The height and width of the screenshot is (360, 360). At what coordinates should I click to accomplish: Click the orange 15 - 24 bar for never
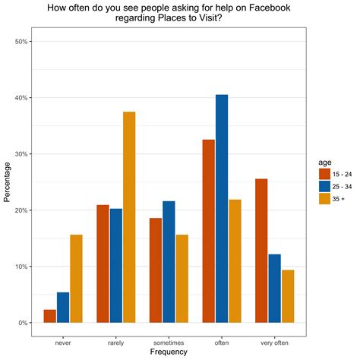(x=49, y=316)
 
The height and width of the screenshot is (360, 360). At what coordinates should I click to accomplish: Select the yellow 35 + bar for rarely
(x=128, y=217)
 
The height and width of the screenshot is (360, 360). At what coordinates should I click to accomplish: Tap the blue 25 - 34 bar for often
(x=221, y=209)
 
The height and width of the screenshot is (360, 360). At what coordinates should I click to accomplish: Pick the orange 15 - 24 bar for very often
(x=261, y=251)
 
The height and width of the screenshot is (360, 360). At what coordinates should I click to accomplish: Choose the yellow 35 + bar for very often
(x=288, y=296)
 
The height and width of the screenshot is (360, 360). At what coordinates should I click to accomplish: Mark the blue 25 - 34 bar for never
(x=63, y=308)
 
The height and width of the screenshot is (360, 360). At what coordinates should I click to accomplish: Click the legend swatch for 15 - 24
(x=324, y=174)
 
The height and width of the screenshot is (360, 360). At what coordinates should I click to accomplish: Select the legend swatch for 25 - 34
(x=324, y=187)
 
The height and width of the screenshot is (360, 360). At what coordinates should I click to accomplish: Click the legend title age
(x=324, y=161)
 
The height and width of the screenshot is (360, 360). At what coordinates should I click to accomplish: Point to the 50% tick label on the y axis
(x=21, y=42)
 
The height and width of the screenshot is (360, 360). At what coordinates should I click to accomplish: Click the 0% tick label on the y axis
(x=24, y=323)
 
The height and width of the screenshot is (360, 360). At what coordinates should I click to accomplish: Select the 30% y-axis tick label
(x=21, y=154)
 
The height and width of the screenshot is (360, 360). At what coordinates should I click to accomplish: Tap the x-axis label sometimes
(x=169, y=343)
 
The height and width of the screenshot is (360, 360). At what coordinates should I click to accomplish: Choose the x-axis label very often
(x=274, y=343)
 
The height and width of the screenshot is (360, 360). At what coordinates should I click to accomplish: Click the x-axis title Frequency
(x=169, y=352)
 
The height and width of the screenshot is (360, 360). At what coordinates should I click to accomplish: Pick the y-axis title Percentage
(x=8, y=182)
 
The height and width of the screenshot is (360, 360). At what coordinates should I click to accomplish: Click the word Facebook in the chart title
(x=272, y=8)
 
